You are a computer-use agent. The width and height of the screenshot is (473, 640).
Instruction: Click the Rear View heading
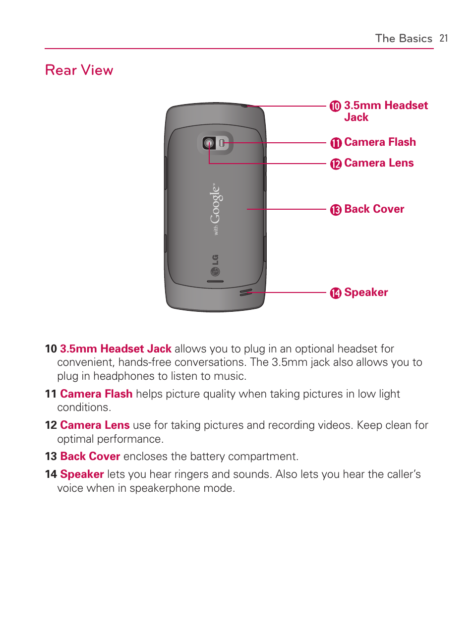pyautogui.click(x=79, y=70)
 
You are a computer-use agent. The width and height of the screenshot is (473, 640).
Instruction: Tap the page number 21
pyautogui.click(x=444, y=38)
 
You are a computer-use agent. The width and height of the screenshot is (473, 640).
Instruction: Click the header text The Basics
pyautogui.click(x=404, y=38)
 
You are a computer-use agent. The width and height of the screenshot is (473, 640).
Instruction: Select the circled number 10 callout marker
pyautogui.click(x=336, y=106)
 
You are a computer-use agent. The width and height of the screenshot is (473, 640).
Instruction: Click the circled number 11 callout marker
pyautogui.click(x=336, y=143)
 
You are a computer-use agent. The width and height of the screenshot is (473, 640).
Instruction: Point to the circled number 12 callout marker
pyautogui.click(x=336, y=164)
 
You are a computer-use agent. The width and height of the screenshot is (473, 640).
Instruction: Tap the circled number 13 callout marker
pyautogui.click(x=336, y=210)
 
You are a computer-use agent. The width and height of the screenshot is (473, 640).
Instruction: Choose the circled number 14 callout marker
pyautogui.click(x=336, y=293)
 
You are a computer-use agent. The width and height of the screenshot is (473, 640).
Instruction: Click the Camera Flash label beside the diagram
pyautogui.click(x=380, y=142)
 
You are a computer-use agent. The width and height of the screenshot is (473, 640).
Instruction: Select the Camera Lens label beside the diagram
pyautogui.click(x=379, y=163)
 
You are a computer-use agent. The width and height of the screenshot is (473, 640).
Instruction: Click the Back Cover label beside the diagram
pyautogui.click(x=374, y=209)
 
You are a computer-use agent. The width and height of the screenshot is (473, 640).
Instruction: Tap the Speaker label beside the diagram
pyautogui.click(x=366, y=292)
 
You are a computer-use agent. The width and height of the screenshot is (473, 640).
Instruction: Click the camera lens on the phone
pyautogui.click(x=209, y=144)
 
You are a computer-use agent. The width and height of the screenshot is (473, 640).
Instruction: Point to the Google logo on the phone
pyautogui.click(x=216, y=208)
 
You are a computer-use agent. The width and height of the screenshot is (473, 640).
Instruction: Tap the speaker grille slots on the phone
pyautogui.click(x=246, y=292)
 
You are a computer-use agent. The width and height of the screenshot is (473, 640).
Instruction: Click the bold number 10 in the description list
pyautogui.click(x=51, y=349)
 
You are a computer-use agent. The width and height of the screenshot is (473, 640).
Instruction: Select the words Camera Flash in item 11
pyautogui.click(x=96, y=394)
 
